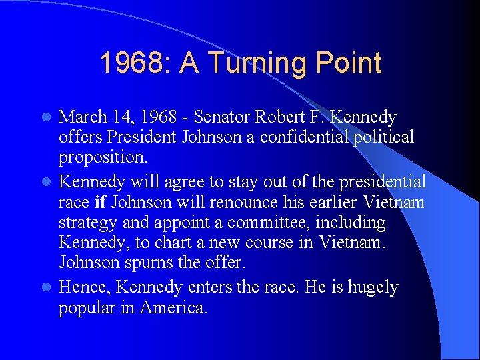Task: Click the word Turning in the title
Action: pos(253,64)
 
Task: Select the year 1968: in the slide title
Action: pos(135,63)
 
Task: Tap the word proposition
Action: pos(102,157)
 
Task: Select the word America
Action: pos(174,308)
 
